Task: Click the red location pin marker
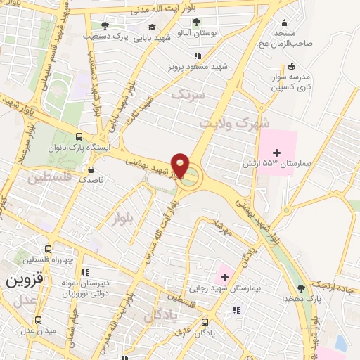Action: pyautogui.click(x=181, y=165)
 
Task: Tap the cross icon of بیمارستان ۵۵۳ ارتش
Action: pyautogui.click(x=276, y=153)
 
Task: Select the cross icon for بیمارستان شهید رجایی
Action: pyautogui.click(x=224, y=277)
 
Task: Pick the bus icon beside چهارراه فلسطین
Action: pyautogui.click(x=48, y=249)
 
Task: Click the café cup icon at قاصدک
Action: pyautogui.click(x=91, y=169)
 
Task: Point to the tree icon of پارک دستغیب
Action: pyautogui.click(x=105, y=25)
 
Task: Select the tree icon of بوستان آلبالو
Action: pyautogui.click(x=195, y=22)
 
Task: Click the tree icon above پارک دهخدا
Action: pyautogui.click(x=302, y=288)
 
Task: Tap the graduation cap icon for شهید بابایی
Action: pyautogui.click(x=152, y=27)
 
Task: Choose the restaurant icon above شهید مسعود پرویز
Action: pyautogui.click(x=199, y=55)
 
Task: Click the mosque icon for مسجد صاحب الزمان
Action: pyautogui.click(x=283, y=22)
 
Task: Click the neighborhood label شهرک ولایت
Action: pyautogui.click(x=235, y=124)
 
